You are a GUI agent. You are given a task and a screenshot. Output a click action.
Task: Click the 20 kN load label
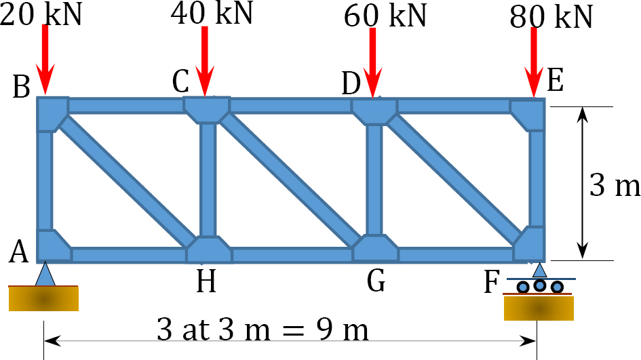[41, 15]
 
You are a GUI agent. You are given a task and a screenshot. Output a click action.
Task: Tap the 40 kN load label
[212, 13]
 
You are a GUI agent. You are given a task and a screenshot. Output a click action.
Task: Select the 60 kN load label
[385, 16]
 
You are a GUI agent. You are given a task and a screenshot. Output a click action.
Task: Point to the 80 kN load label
[551, 17]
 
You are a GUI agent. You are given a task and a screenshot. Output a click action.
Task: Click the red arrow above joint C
[205, 61]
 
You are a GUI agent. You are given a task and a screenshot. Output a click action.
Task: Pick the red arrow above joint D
[373, 63]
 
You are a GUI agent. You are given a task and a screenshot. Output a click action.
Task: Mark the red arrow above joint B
[45, 60]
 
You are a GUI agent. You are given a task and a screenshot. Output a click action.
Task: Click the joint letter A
[19, 252]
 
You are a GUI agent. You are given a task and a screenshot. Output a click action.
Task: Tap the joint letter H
[206, 281]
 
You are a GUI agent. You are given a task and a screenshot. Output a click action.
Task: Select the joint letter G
[376, 281]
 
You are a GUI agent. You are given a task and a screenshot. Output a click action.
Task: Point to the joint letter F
[491, 282]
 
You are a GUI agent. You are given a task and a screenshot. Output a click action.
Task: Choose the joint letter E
[555, 80]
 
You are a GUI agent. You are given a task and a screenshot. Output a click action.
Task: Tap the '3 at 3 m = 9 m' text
[263, 329]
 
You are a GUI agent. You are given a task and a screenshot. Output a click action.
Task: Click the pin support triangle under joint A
[45, 274]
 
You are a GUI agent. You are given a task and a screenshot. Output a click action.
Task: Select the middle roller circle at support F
[539, 285]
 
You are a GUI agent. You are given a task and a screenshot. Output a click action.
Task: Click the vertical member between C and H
[208, 180]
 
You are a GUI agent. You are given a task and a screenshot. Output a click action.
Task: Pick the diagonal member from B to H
[127, 182]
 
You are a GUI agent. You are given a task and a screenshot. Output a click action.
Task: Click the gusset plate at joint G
[375, 248]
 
